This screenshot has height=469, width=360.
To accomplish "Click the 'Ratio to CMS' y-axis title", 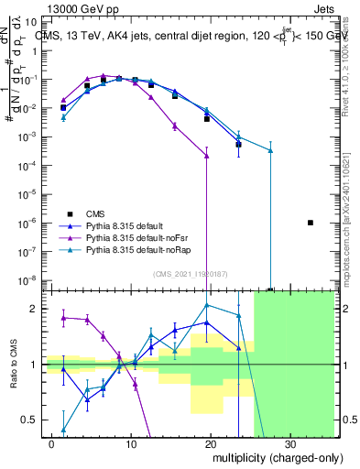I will pyautogui.click(x=13, y=365).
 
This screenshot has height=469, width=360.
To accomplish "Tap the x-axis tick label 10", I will pyautogui.click(x=131, y=442).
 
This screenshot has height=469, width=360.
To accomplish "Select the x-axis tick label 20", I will pyautogui.click(x=210, y=442).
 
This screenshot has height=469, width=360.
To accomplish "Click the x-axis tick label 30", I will pyautogui.click(x=289, y=442).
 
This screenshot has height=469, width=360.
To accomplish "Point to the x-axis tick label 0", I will pyautogui.click(x=52, y=442).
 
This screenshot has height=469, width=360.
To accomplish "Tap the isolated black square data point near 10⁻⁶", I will pyautogui.click(x=311, y=223).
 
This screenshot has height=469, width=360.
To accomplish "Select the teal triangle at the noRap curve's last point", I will pyautogui.click(x=270, y=150).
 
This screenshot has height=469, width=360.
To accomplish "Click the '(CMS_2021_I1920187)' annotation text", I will pyautogui.click(x=190, y=273).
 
